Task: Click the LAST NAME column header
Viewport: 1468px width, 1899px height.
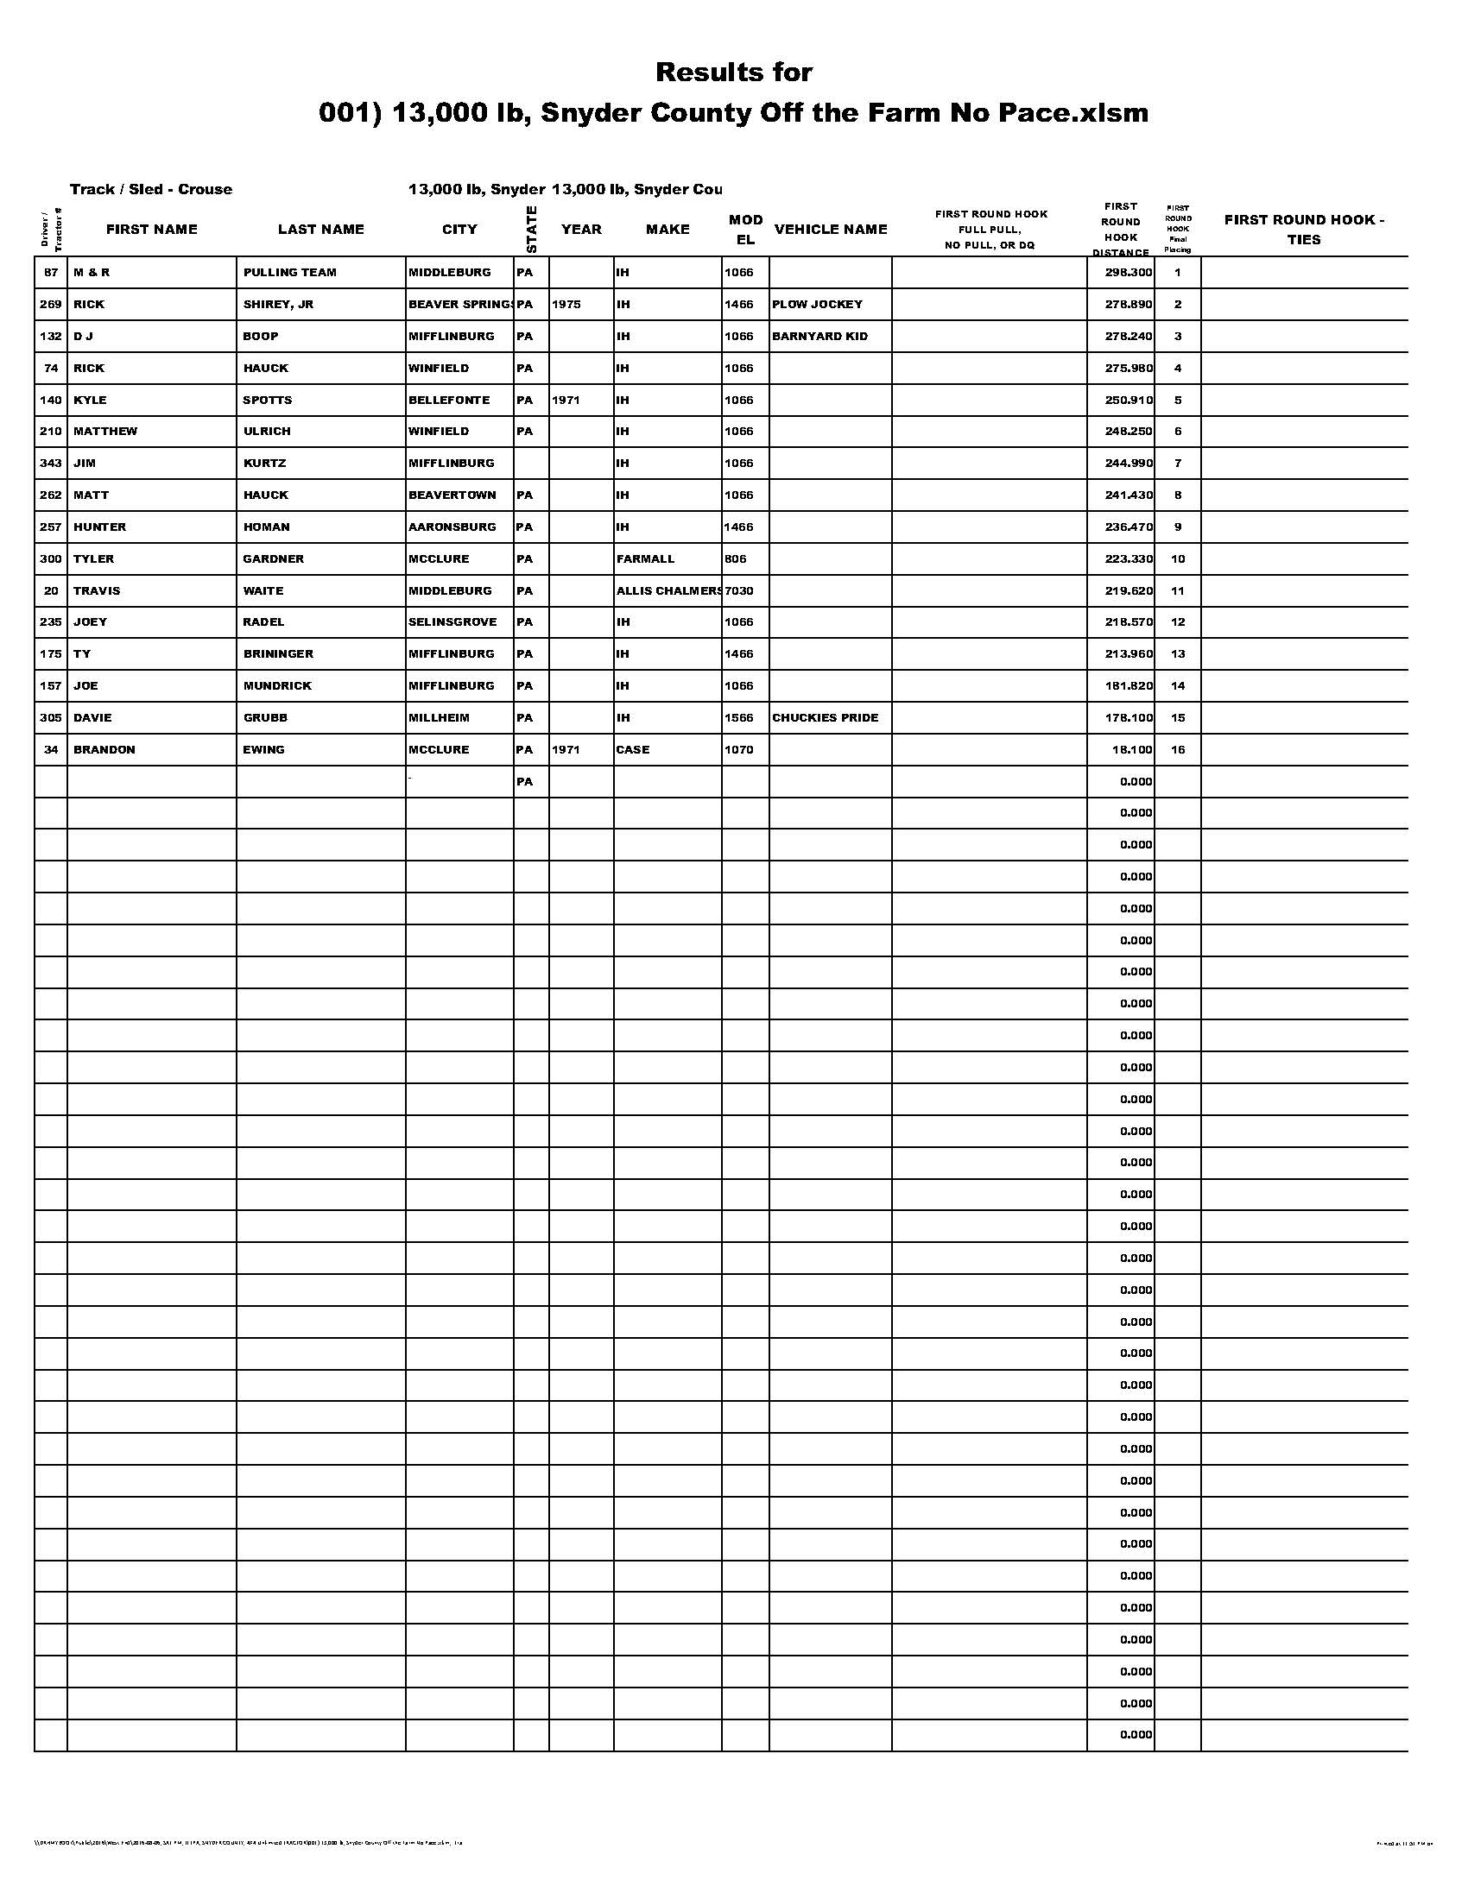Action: pyautogui.click(x=321, y=230)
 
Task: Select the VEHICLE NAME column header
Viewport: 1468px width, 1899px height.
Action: pyautogui.click(x=831, y=230)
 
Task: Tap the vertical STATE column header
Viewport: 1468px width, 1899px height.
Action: pyautogui.click(x=531, y=230)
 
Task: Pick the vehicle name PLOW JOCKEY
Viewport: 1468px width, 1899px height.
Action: pyautogui.click(x=818, y=305)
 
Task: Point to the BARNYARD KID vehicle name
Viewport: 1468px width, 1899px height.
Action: pyautogui.click(x=819, y=337)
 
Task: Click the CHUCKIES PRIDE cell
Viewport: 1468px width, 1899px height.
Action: pyautogui.click(x=826, y=718)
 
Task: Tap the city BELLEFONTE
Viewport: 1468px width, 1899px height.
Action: pyautogui.click(x=449, y=400)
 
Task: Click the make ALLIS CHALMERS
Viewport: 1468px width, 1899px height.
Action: pyautogui.click(x=668, y=591)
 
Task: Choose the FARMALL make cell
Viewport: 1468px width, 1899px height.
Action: pyautogui.click(x=645, y=559)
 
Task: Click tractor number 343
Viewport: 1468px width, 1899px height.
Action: pyautogui.click(x=50, y=464)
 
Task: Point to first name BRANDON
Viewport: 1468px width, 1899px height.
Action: pyautogui.click(x=104, y=749)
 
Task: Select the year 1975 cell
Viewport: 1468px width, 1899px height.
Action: pyautogui.click(x=566, y=305)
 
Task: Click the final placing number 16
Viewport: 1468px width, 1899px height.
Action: pyautogui.click(x=1178, y=749)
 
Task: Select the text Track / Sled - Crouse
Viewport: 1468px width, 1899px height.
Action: pyautogui.click(x=151, y=190)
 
